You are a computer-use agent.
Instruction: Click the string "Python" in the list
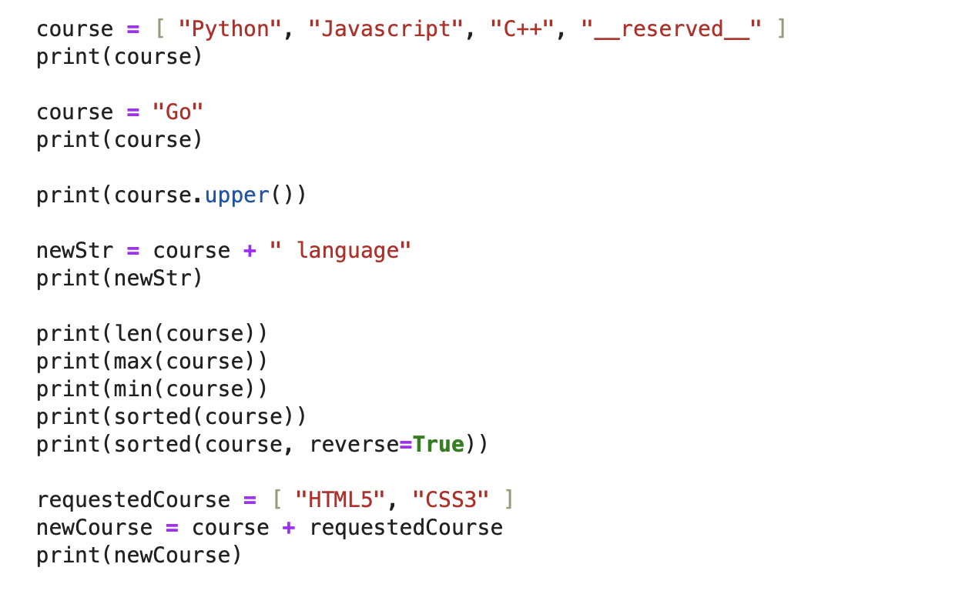point(230,29)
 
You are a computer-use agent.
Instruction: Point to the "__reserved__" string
point(671,29)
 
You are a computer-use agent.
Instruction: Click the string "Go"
point(178,112)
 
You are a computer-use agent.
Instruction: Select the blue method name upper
point(236,195)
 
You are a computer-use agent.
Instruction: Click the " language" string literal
point(340,251)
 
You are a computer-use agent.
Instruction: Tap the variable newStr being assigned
point(75,251)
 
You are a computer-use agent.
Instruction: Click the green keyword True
point(438,445)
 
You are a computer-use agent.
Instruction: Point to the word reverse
point(354,445)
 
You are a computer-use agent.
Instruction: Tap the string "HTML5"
point(340,500)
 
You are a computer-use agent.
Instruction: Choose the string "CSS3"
point(451,500)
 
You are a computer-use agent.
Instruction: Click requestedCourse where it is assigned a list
point(133,500)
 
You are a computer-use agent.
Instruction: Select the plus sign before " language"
point(250,251)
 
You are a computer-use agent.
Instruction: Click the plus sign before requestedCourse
point(289,528)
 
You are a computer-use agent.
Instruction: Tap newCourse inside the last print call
point(178,556)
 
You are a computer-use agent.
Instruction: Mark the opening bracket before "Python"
point(160,29)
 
